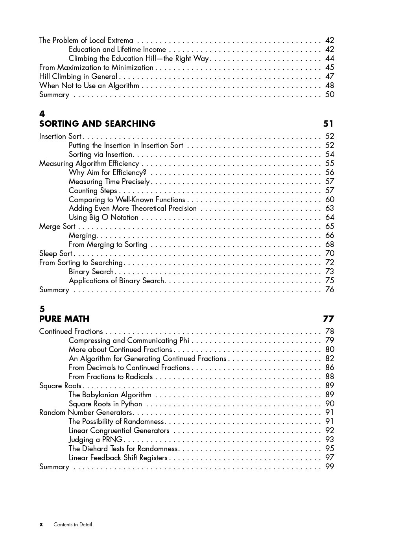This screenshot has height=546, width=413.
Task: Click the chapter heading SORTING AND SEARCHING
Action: pos(97,124)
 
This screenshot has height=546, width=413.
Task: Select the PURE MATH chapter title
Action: pos(64,319)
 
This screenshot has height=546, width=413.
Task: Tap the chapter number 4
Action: pos(42,114)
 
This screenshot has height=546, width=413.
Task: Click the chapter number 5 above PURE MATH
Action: pos(42,309)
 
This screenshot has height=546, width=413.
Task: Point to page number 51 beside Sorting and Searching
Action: pos(328,124)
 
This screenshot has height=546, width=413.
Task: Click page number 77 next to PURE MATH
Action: pos(328,319)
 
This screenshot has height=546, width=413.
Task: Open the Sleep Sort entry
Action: pos(55,254)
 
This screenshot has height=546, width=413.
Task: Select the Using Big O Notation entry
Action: pos(103,218)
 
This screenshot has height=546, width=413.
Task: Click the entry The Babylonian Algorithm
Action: pos(110,395)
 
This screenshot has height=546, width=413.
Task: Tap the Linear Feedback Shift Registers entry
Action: pos(118,458)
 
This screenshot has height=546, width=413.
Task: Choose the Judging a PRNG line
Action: pos(95,440)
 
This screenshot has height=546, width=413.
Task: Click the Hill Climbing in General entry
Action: pos(78,77)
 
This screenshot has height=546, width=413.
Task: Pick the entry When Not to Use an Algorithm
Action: pos(89,86)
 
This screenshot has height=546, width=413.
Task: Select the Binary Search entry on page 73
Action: pos(91,272)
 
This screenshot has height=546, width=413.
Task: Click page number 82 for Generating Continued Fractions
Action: pos(330,359)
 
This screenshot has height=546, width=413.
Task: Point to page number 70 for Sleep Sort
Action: pos(330,254)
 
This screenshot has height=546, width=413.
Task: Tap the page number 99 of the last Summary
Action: pos(330,467)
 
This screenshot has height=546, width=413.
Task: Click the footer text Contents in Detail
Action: pos(73,525)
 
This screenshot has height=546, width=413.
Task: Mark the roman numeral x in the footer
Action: pos(41,525)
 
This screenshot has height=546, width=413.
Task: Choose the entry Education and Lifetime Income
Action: pos(117,50)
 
